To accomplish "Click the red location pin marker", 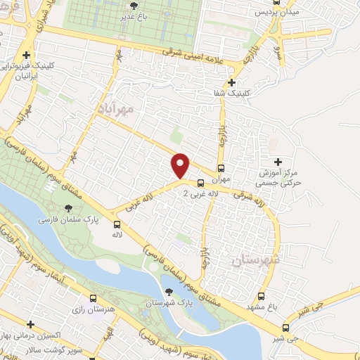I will [x=181, y=165].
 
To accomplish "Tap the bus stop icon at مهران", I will [x=221, y=169].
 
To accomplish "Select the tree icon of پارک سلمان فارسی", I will [x=67, y=207].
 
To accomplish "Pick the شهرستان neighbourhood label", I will [x=255, y=260].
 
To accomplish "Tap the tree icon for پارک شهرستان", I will [x=168, y=291].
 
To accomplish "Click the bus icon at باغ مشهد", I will [x=262, y=296].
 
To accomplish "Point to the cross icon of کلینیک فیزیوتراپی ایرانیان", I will [x=26, y=56].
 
